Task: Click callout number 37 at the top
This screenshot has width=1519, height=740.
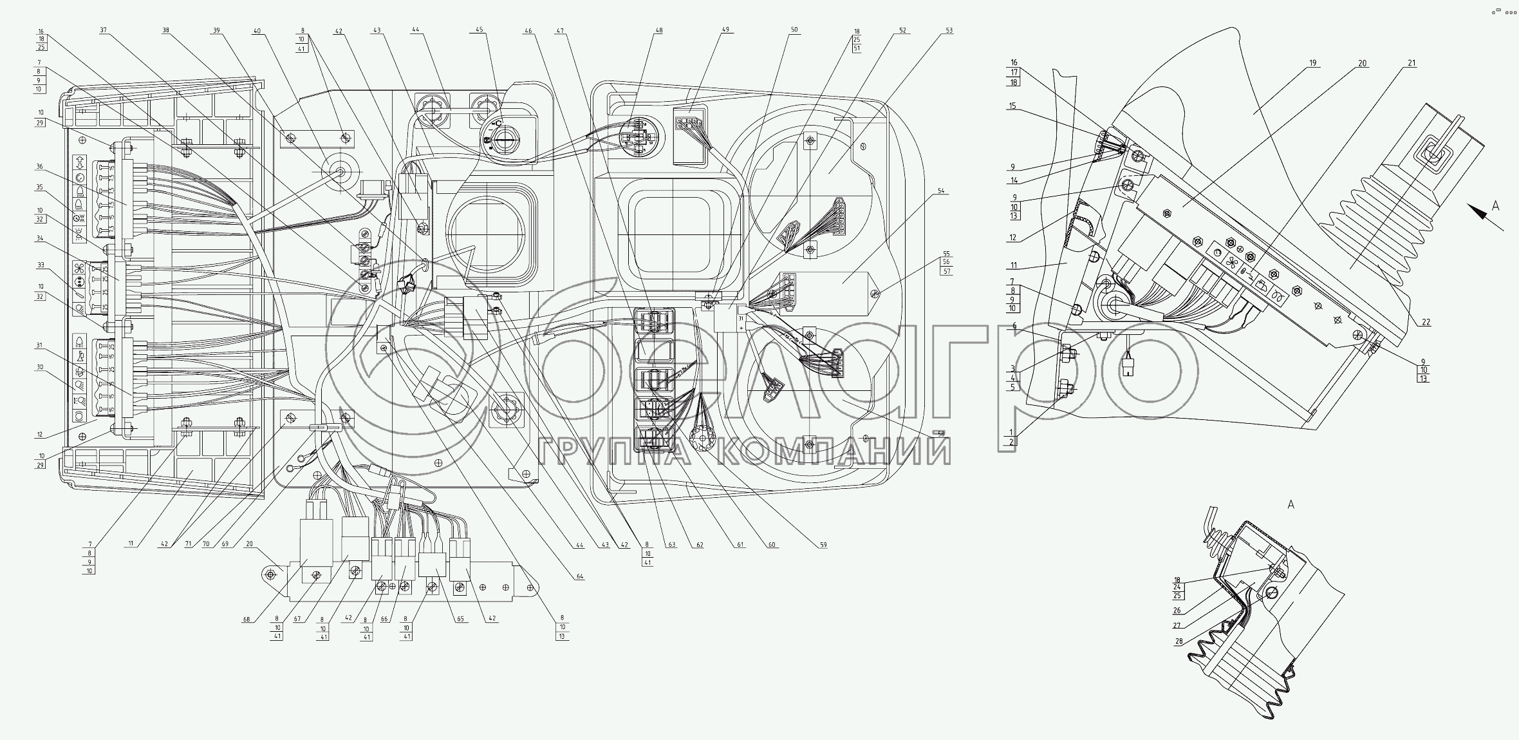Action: pos(104,30)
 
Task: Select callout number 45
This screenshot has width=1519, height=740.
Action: pos(479,30)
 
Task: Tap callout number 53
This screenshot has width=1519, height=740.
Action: pos(949,30)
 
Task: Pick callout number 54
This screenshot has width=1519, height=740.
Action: pos(941,191)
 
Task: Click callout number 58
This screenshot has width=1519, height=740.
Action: pos(941,435)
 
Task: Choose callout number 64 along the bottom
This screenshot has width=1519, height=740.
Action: pos(580,576)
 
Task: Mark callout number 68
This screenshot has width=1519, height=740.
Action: pos(246,620)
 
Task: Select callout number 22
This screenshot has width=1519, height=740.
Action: pos(1426,323)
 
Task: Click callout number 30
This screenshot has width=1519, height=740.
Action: pos(40,367)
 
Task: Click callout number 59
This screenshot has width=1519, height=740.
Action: pos(823,545)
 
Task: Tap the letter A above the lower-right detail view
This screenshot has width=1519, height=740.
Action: pos(1290,505)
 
